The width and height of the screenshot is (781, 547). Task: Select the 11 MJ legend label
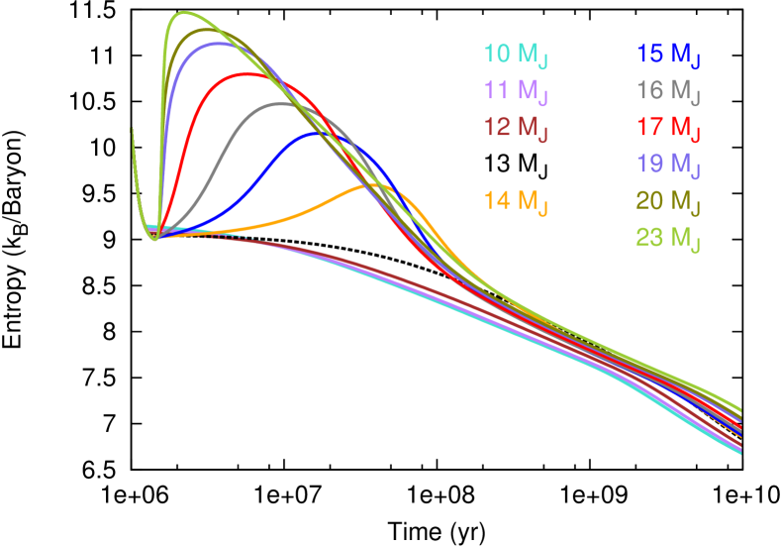(516, 92)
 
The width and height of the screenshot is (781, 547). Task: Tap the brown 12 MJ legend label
(516, 128)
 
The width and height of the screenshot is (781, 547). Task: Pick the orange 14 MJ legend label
(516, 201)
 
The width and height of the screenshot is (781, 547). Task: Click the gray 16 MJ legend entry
(669, 92)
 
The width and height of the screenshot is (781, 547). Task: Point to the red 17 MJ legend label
(669, 128)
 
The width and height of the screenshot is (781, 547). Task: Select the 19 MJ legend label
(669, 164)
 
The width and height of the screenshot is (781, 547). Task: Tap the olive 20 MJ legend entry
(669, 201)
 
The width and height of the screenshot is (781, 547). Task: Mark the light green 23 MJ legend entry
(669, 238)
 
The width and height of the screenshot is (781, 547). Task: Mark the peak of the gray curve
(281, 103)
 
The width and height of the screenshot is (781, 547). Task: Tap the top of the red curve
(244, 73)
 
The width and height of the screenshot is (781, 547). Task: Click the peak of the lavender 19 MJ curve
(219, 43)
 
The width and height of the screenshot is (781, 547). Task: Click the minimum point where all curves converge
(155, 239)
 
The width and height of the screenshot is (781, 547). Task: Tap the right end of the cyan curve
(740, 453)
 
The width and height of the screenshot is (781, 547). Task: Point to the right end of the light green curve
(740, 409)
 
